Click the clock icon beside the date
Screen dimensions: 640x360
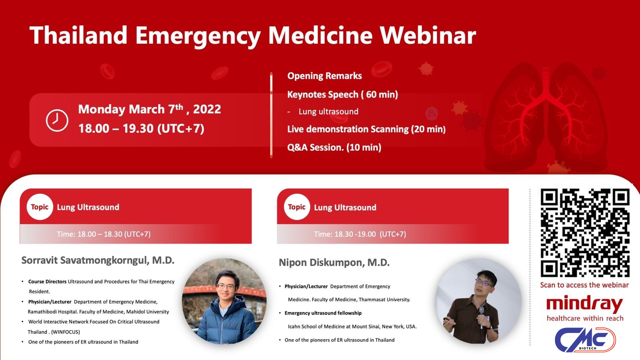coord(57,120)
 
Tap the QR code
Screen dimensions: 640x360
coord(585,233)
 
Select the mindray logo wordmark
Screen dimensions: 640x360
coord(585,304)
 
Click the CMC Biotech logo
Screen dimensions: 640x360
coord(585,340)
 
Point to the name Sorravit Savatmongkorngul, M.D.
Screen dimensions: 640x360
coord(98,261)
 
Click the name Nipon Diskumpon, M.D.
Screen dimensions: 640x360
coord(334,262)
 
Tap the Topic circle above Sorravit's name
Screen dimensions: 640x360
coord(40,207)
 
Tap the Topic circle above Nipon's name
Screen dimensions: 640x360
coord(297,207)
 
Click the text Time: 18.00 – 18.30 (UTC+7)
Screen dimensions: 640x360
coord(104,234)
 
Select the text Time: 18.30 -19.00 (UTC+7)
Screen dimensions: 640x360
coord(360,234)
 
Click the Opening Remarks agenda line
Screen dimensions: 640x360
coord(324,76)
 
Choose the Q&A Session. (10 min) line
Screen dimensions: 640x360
coord(334,147)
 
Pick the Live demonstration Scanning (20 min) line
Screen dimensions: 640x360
coord(366,129)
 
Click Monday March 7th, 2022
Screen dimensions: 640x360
coord(150,109)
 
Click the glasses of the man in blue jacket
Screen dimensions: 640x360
coord(226,286)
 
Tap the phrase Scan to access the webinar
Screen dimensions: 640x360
coord(584,285)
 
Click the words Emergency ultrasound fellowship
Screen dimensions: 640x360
coord(323,313)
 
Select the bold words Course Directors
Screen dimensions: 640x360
coord(47,282)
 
